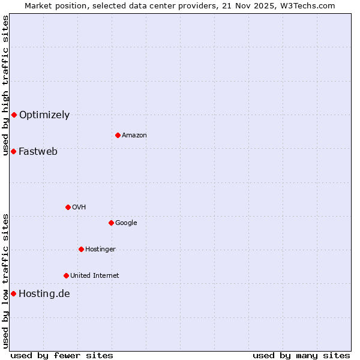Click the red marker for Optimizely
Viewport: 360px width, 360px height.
click(x=14, y=115)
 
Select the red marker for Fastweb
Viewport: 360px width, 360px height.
click(x=13, y=151)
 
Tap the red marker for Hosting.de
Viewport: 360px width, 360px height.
click(x=13, y=293)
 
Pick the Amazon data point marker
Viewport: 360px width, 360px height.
click(x=118, y=135)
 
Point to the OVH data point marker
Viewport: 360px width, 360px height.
click(x=68, y=207)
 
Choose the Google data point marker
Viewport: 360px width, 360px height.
click(x=111, y=223)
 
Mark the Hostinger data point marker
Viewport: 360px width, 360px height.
click(x=81, y=249)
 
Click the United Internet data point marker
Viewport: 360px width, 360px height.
click(x=66, y=275)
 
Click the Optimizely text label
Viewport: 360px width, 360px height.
click(x=44, y=115)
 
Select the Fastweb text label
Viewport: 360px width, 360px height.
click(x=38, y=152)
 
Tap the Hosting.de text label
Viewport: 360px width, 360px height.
click(x=44, y=294)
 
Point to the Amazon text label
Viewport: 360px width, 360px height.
click(x=134, y=136)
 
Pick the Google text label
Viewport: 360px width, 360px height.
click(x=126, y=223)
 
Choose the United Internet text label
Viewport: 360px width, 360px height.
click(x=95, y=276)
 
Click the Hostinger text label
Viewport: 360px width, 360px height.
click(x=100, y=250)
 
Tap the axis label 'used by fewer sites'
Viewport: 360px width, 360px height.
click(x=62, y=355)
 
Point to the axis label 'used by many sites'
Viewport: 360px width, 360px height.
click(x=301, y=355)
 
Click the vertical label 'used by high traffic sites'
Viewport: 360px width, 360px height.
click(x=5, y=85)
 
